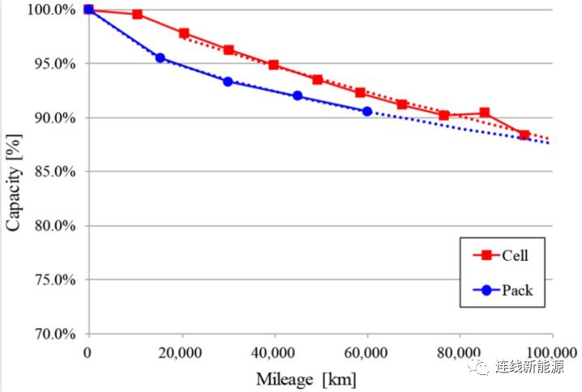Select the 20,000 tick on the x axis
point(180,352)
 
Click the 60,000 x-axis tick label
point(366,352)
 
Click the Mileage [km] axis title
point(306,378)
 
